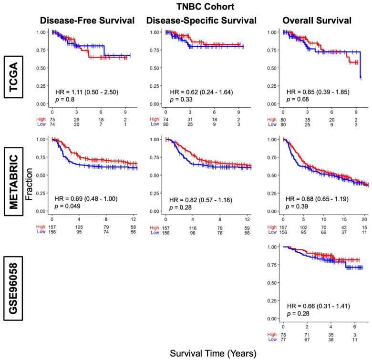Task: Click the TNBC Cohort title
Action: click(205, 7)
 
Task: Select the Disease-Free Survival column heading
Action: click(87, 21)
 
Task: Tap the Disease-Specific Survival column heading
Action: click(201, 21)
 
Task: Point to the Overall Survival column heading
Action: click(317, 21)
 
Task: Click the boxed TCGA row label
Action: click(13, 77)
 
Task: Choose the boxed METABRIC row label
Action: click(13, 181)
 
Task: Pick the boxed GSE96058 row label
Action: click(13, 288)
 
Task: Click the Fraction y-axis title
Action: click(29, 184)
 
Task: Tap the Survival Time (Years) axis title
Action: click(213, 353)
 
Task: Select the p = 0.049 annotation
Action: click(67, 206)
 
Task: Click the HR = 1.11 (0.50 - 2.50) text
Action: click(87, 92)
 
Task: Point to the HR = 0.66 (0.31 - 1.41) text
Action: click(319, 306)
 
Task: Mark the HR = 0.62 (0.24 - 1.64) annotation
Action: click(201, 92)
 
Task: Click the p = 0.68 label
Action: click(298, 99)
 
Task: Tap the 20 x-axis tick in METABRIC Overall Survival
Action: click(364, 219)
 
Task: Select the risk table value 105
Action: click(79, 227)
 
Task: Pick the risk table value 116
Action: click(193, 228)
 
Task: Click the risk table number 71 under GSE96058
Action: click(307, 335)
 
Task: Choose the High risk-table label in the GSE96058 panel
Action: click(272, 335)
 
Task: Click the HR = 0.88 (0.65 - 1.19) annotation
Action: click(317, 199)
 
